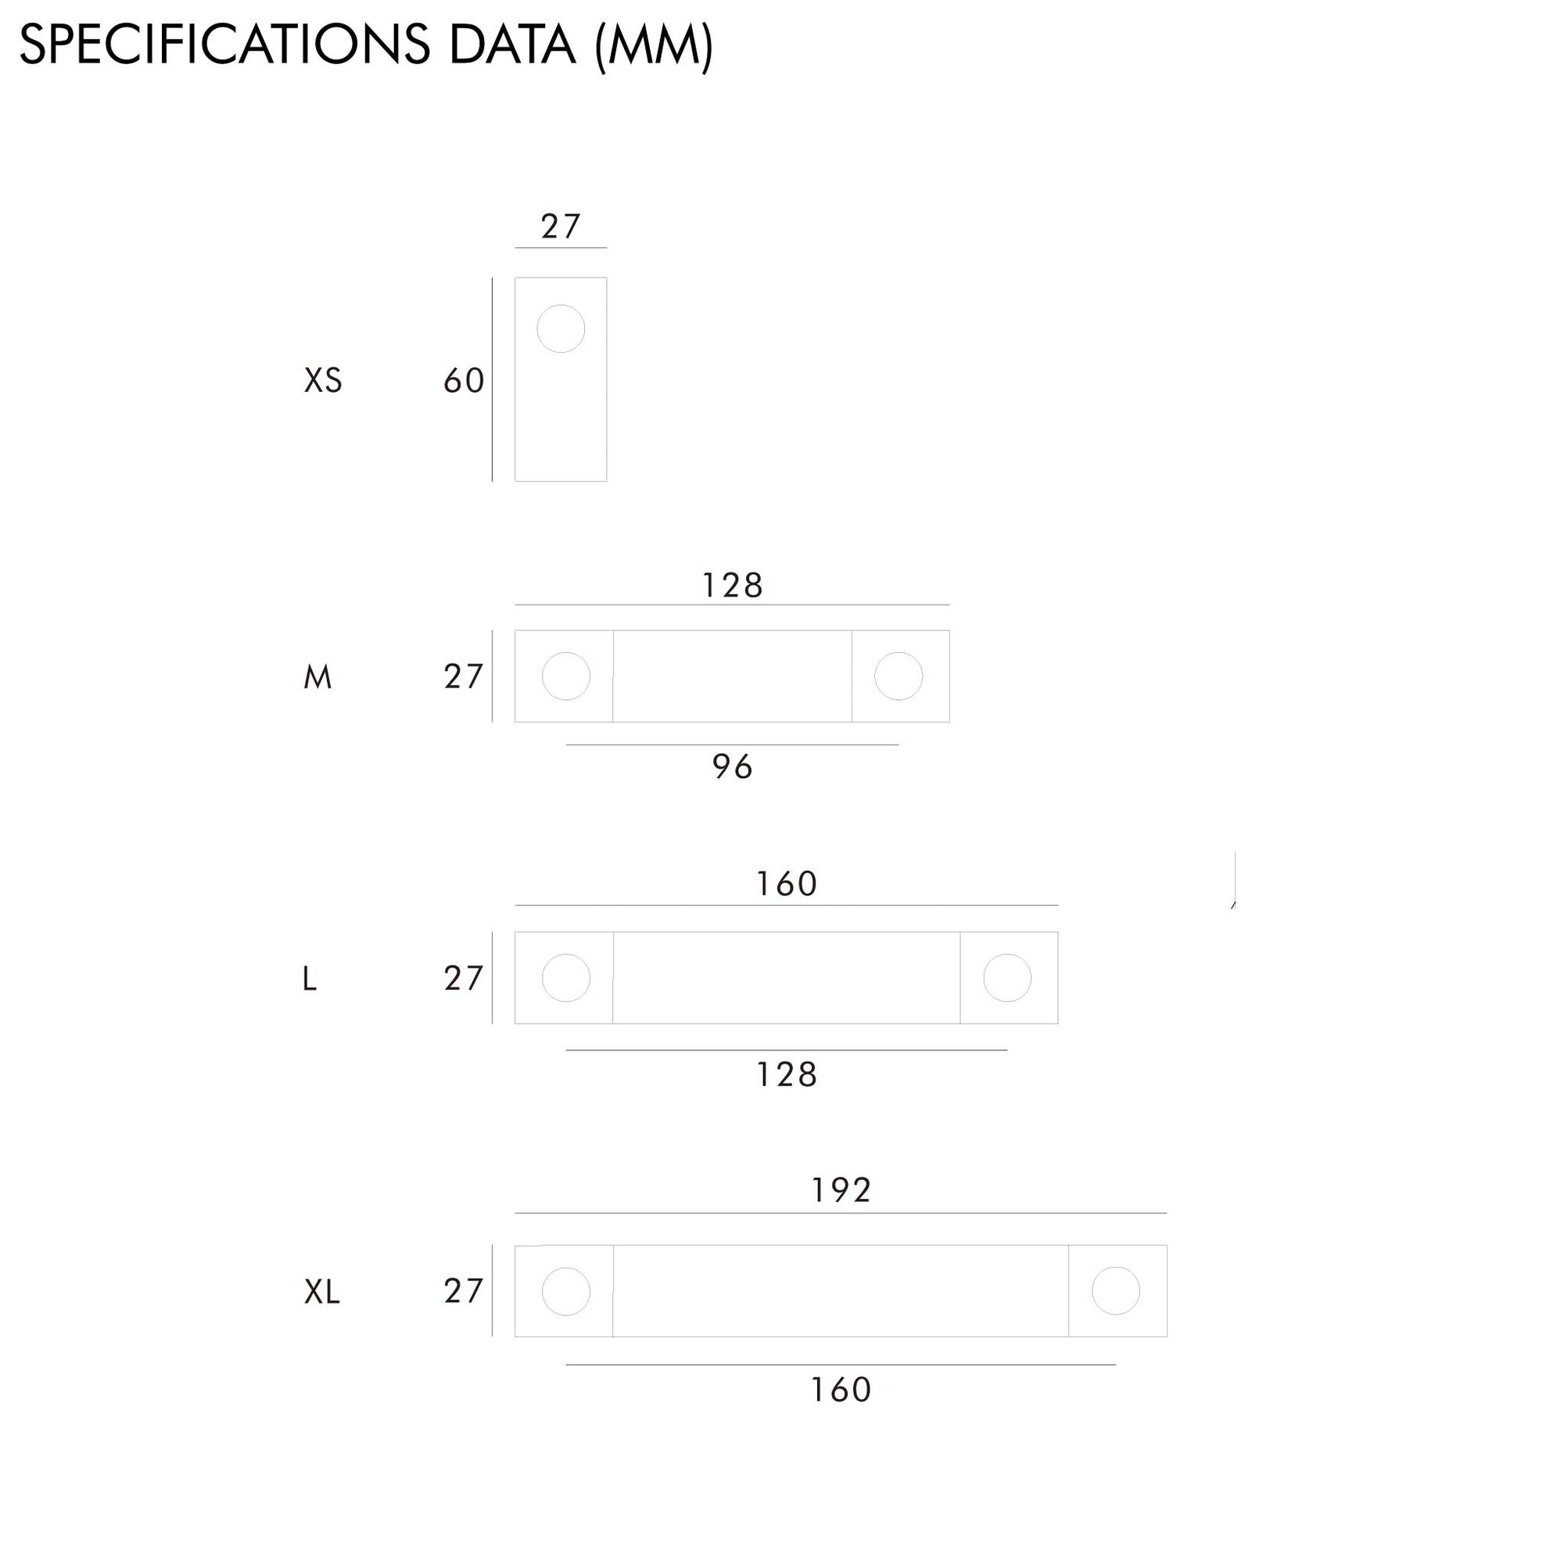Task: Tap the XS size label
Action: click(323, 381)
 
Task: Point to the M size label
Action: click(317, 676)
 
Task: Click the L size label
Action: click(309, 980)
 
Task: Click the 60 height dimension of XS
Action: click(464, 381)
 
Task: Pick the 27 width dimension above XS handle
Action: click(561, 227)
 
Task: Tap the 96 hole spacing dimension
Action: click(733, 766)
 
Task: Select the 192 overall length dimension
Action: click(841, 1190)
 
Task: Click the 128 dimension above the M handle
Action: click(733, 585)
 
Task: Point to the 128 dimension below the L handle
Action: click(786, 1075)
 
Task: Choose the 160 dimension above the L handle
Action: click(786, 883)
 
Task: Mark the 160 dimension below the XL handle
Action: click(841, 1390)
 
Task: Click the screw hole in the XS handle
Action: click(561, 328)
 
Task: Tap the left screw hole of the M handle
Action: click(566, 676)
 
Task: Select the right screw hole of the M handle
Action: click(899, 676)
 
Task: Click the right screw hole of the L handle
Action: click(1007, 978)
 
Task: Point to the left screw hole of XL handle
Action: click(566, 1291)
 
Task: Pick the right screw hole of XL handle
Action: click(1116, 1291)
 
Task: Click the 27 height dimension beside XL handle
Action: click(464, 1291)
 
